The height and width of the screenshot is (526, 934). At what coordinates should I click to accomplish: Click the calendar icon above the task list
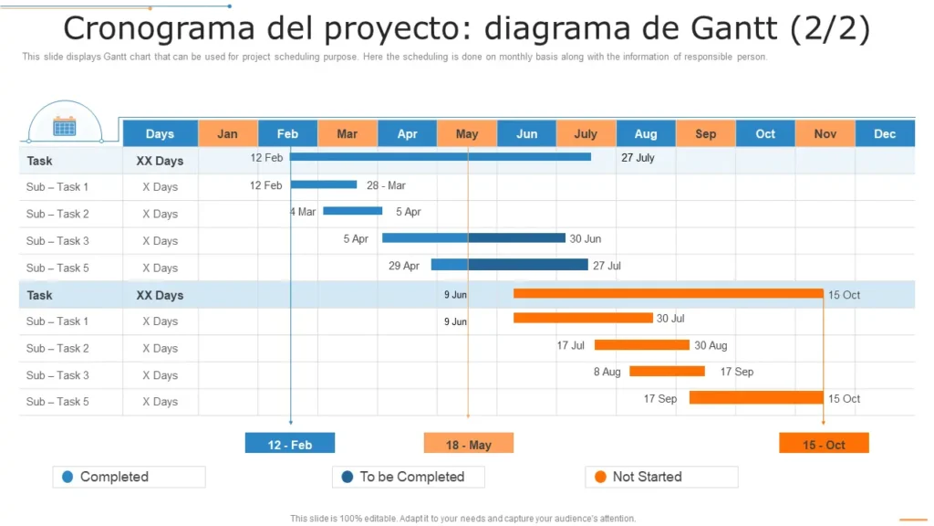pos(64,126)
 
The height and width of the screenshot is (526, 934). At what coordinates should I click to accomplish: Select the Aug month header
pos(646,133)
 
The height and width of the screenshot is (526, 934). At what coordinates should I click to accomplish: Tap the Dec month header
pos(885,133)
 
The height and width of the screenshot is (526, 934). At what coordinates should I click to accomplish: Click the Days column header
pos(160,133)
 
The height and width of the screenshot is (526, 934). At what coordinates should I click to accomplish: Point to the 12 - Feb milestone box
pos(290,444)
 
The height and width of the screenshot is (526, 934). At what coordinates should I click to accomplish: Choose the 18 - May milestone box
pos(469,444)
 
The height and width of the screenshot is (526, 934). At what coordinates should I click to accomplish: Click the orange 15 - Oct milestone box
pos(824,444)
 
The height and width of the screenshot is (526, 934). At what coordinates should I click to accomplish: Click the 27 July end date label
pos(638,158)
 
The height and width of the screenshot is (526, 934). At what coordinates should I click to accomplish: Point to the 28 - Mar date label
pos(386,185)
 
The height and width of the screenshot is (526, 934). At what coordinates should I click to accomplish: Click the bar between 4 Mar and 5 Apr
pos(352,211)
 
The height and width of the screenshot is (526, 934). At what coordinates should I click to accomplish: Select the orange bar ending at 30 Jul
pos(583,318)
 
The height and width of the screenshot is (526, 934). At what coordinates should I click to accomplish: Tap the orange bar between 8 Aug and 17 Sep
pos(667,372)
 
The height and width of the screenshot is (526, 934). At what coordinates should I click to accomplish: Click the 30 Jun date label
pos(586,239)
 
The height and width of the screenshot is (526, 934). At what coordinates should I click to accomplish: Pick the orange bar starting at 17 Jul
pos(641,345)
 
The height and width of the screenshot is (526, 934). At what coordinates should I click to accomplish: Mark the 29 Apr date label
pos(404,266)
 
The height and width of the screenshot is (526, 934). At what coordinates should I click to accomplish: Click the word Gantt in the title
pos(726,28)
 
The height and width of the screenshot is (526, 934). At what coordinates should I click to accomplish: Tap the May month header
pos(467,133)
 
